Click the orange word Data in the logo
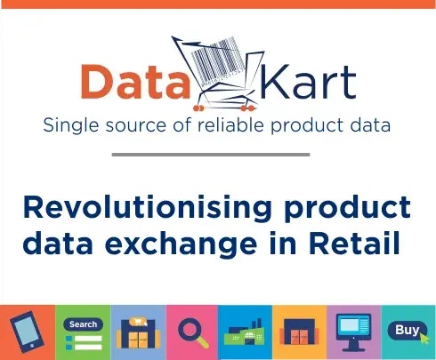(135, 81)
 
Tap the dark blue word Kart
(308, 81)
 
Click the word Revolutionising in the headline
(147, 208)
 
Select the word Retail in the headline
(355, 244)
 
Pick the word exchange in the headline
(181, 244)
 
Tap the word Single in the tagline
(71, 125)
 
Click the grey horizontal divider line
(211, 155)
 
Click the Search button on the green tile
(83, 324)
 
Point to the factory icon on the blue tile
(245, 332)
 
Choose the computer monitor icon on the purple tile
(353, 332)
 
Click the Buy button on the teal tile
(408, 331)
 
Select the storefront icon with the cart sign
(139, 332)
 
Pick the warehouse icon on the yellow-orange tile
(299, 332)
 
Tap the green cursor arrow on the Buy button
(424, 338)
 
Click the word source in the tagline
(136, 125)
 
